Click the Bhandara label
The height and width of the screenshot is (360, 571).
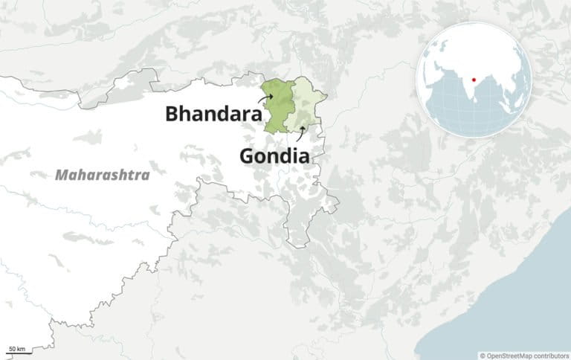point(213,114)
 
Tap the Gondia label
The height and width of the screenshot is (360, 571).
point(274,156)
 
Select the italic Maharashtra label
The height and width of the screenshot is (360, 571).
point(102,175)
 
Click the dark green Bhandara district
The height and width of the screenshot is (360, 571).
point(277,108)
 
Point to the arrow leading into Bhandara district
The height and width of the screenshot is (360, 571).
point(265,97)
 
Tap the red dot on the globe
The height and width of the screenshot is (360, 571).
point(474,77)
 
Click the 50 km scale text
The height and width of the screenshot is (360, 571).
point(16,348)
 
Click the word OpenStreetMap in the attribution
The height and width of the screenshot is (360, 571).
point(510,356)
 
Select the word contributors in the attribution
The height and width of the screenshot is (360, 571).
point(551,356)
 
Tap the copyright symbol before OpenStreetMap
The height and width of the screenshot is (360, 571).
point(483,356)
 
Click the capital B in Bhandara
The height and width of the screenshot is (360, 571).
point(172,114)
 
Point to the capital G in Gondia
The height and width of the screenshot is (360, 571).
point(247,156)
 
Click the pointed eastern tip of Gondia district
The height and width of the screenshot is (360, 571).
point(328,95)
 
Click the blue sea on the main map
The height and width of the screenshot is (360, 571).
point(520,298)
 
